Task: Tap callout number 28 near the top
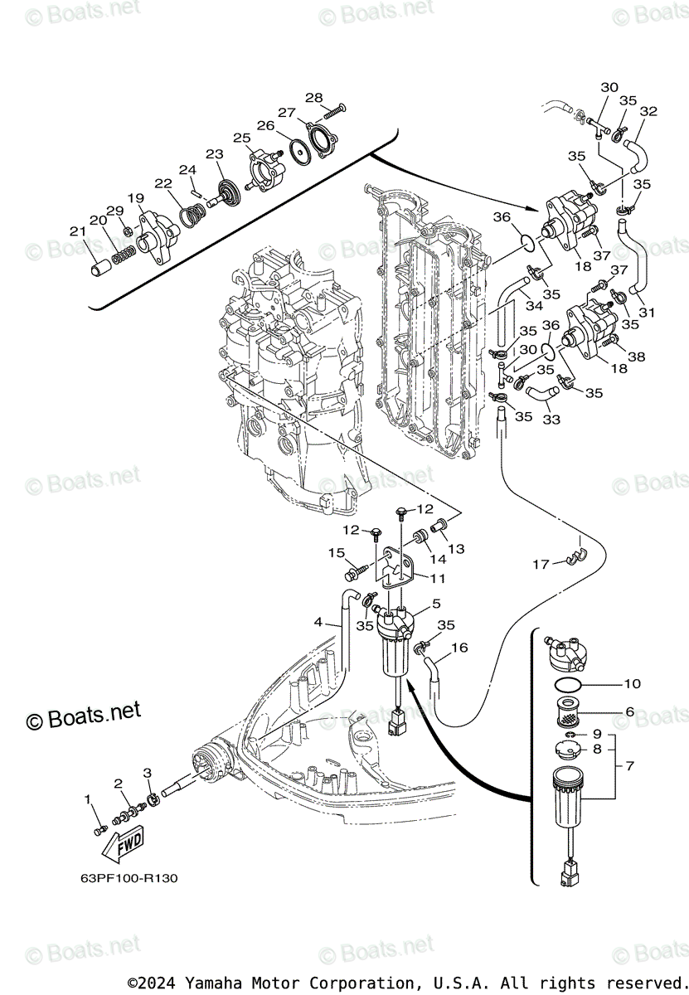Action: (313, 97)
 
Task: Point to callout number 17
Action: (541, 565)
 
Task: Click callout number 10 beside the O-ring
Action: (633, 684)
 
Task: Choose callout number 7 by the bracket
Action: (628, 765)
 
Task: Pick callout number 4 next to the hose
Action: (318, 622)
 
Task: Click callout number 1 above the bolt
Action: (88, 798)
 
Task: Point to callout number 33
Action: (551, 420)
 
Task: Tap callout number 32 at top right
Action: (648, 111)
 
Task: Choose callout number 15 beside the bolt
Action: (336, 553)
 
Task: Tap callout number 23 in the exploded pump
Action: (215, 154)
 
